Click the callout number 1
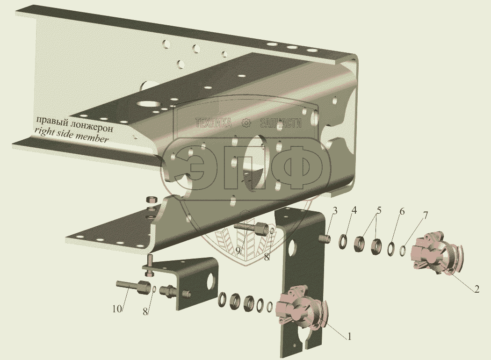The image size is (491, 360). [349, 337]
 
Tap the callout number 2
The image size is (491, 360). [477, 289]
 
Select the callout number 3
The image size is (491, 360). [335, 211]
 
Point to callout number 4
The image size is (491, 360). [354, 210]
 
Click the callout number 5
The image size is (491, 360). [379, 210]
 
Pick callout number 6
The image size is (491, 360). [402, 212]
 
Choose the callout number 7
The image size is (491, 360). [425, 216]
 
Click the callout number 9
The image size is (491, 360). [238, 251]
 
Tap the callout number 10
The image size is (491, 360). [116, 309]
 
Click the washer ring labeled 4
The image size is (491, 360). [343, 242]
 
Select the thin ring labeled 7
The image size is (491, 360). [404, 251]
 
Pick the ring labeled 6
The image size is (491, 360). [391, 249]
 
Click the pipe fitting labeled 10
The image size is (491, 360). [129, 286]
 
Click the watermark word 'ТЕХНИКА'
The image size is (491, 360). [214, 122]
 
